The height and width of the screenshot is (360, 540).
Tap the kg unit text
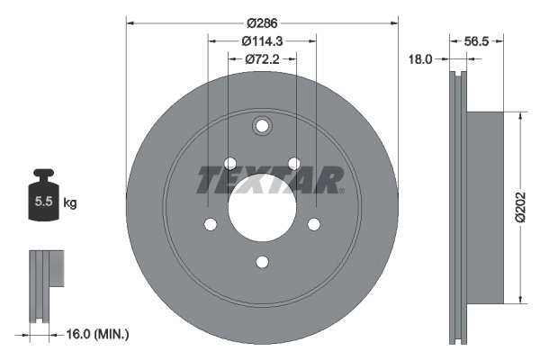[70, 203]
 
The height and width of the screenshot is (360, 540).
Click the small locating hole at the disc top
[262, 126]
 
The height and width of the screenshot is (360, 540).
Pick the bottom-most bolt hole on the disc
[262, 262]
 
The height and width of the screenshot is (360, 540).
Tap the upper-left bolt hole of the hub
[229, 163]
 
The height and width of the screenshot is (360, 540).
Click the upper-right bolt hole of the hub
[293, 163]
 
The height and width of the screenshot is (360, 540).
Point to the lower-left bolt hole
[210, 224]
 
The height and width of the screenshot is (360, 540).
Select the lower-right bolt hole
[314, 224]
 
